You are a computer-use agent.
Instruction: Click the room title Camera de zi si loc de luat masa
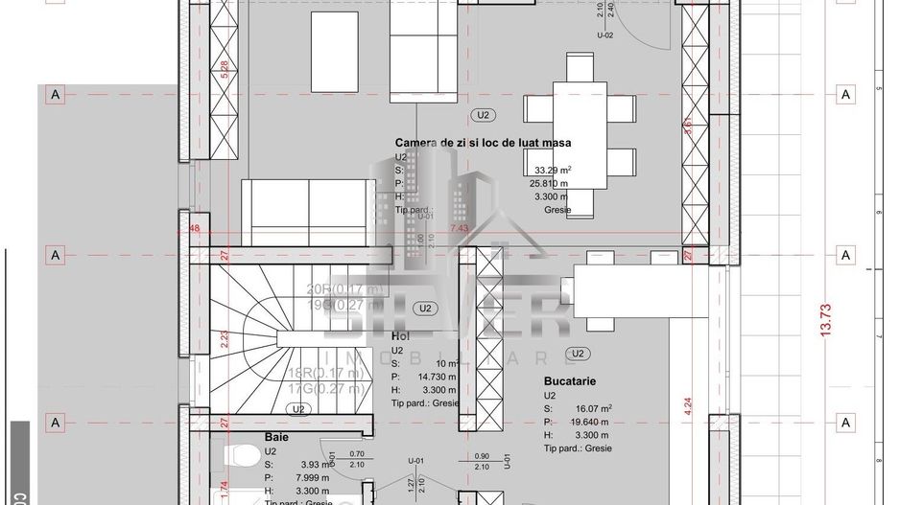point(483,143)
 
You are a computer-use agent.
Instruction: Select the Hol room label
point(400,336)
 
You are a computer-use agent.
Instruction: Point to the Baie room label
point(276,436)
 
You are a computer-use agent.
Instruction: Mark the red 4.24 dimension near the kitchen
point(687,405)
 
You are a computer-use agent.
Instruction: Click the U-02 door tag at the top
point(604,34)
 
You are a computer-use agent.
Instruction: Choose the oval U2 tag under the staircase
point(298,408)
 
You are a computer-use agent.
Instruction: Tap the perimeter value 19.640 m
point(591,422)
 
